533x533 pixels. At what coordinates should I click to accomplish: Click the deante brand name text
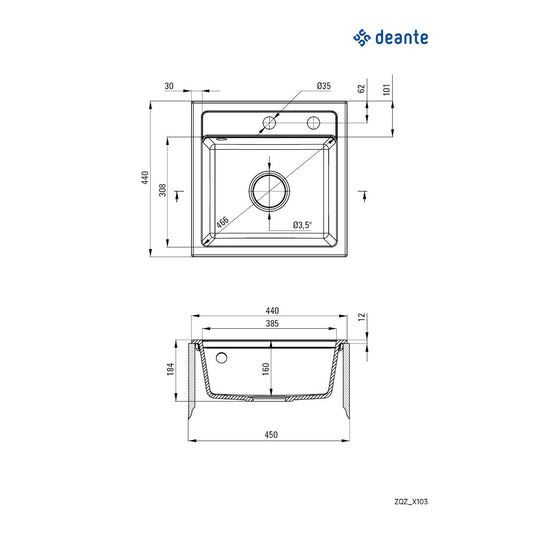pyautogui.click(x=401, y=37)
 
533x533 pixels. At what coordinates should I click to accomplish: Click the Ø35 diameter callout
pyautogui.click(x=324, y=86)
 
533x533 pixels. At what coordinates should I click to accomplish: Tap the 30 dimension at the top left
pyautogui.click(x=169, y=86)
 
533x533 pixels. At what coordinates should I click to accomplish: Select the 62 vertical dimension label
pyautogui.click(x=361, y=88)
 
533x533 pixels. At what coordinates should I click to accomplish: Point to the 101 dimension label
pyautogui.click(x=387, y=89)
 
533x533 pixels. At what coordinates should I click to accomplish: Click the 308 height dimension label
pyautogui.click(x=162, y=190)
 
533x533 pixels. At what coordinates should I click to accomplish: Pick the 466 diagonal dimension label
pyautogui.click(x=223, y=222)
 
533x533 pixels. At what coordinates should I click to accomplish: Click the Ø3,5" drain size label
pyautogui.click(x=302, y=225)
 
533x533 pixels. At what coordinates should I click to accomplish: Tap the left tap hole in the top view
pyautogui.click(x=269, y=123)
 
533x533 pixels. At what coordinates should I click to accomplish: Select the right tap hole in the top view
pyautogui.click(x=313, y=123)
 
